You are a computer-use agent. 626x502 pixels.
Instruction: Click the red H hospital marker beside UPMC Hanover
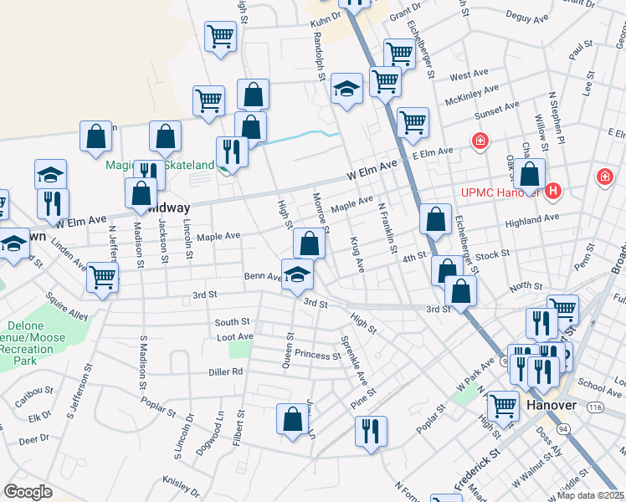click(552, 192)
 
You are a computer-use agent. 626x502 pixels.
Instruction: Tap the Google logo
click(28, 491)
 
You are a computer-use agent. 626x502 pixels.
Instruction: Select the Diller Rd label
click(226, 371)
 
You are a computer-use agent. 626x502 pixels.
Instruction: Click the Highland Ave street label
click(533, 219)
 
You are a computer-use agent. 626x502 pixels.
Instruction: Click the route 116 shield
click(595, 406)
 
